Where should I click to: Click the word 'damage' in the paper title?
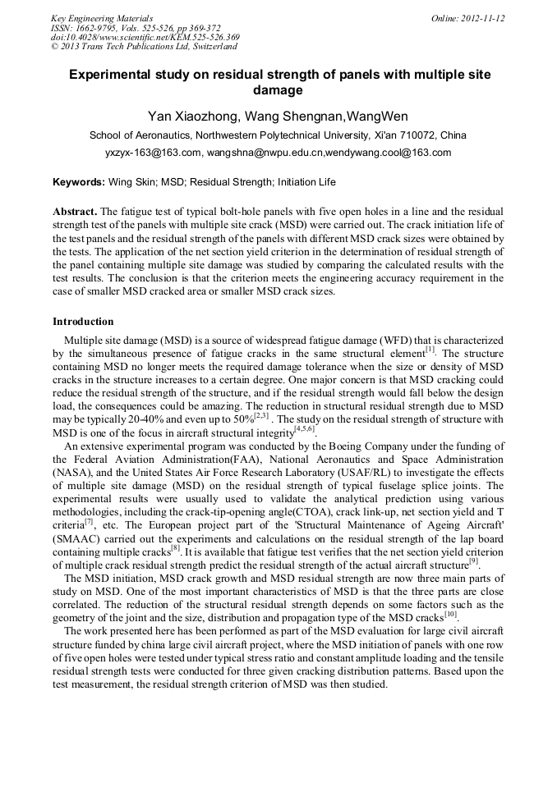tap(278, 90)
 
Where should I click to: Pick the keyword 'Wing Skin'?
tap(131, 182)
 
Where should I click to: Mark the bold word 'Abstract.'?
tap(75, 211)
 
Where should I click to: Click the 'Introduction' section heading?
tap(83, 322)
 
